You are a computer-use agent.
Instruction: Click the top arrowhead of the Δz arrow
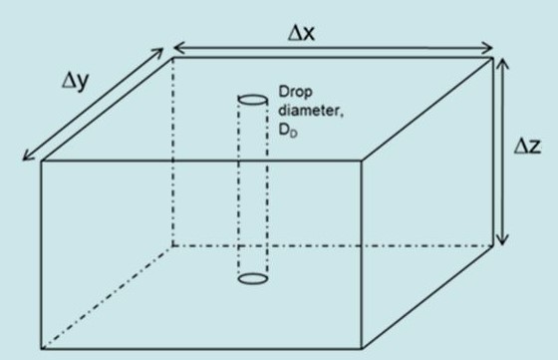click(504, 63)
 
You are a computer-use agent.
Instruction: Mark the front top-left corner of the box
click(42, 161)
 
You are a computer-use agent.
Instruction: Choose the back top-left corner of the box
click(173, 57)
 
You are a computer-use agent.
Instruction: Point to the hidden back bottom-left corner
click(173, 244)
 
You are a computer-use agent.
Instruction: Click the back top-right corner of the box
click(493, 57)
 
